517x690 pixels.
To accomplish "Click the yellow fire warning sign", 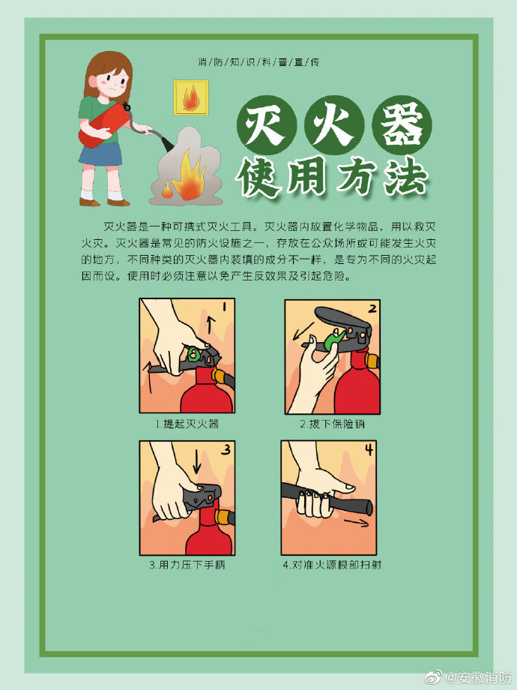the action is click(191, 97).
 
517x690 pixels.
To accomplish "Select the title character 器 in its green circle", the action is click(402, 125).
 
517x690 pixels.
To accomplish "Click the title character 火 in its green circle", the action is click(334, 125).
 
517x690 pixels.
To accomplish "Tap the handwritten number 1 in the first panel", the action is click(224, 307).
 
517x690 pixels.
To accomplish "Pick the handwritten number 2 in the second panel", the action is click(372, 308).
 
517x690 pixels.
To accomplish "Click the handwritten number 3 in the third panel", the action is click(226, 449).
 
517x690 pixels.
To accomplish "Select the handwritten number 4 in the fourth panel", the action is click(369, 449).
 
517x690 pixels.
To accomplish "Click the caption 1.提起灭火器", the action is click(187, 424).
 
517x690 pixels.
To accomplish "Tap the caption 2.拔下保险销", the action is click(333, 424).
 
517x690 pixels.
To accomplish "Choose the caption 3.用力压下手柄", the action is click(187, 565).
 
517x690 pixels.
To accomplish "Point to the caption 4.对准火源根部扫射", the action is click(332, 565).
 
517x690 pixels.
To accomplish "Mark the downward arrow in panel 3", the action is click(196, 461).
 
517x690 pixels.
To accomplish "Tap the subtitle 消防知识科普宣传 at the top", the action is click(258, 62).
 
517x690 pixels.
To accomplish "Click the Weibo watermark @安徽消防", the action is click(470, 676).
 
